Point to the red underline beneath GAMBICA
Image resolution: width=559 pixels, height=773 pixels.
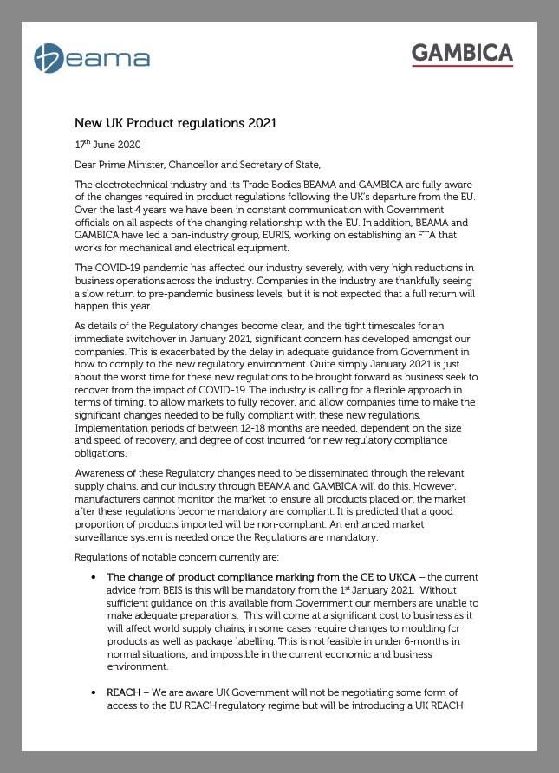click(x=462, y=67)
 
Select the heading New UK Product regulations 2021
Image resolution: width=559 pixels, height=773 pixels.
click(x=176, y=123)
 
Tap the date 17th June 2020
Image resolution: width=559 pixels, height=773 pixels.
click(x=107, y=144)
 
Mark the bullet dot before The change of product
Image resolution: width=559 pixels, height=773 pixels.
click(x=94, y=576)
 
